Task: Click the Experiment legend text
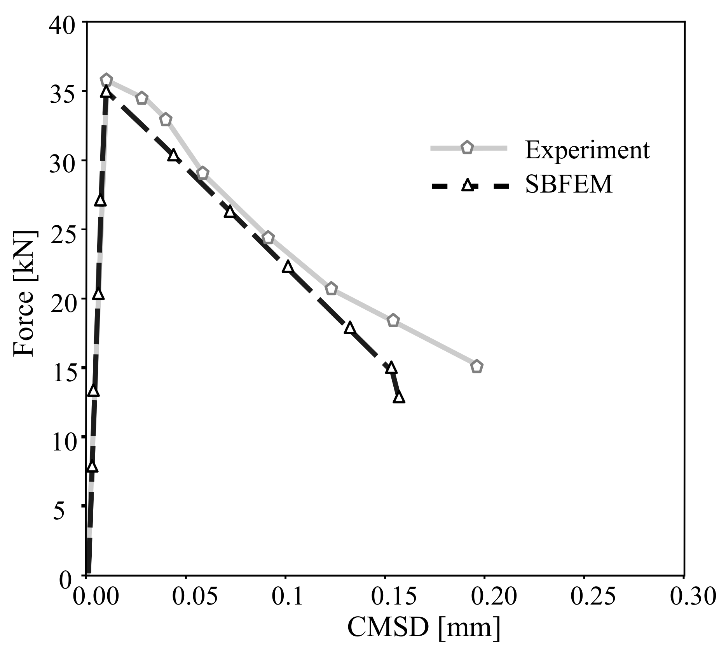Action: point(587,150)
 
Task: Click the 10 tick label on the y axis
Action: point(63,442)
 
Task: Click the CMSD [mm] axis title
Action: point(424,627)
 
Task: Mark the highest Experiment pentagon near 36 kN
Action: point(106,80)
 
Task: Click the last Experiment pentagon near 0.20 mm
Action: point(477,366)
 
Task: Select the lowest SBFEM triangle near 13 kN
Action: point(399,398)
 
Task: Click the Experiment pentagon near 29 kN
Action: point(202,173)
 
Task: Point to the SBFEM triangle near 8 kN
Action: point(92,466)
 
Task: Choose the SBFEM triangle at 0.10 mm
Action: point(288,266)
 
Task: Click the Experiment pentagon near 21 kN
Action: point(331,289)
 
